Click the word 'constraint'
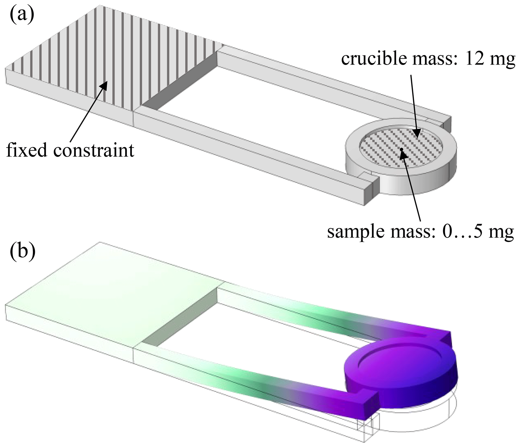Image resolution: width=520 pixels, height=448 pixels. [94, 150]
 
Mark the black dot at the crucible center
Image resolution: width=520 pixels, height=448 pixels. [402, 150]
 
